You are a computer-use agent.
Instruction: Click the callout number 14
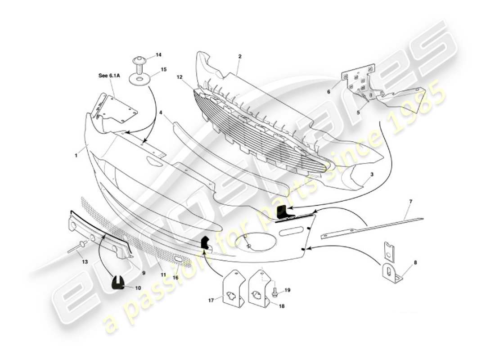(x=158, y=55)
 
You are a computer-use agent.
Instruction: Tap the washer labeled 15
(x=140, y=80)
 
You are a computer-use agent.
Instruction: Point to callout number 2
(x=240, y=57)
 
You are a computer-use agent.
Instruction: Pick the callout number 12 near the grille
(x=179, y=77)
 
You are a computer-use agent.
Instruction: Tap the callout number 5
(x=358, y=112)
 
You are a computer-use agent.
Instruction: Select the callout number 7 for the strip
(x=410, y=201)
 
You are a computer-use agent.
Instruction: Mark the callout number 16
(x=175, y=278)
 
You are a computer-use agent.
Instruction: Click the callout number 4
(x=161, y=113)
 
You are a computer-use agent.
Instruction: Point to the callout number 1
(x=77, y=156)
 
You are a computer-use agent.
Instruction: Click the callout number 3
(x=372, y=174)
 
